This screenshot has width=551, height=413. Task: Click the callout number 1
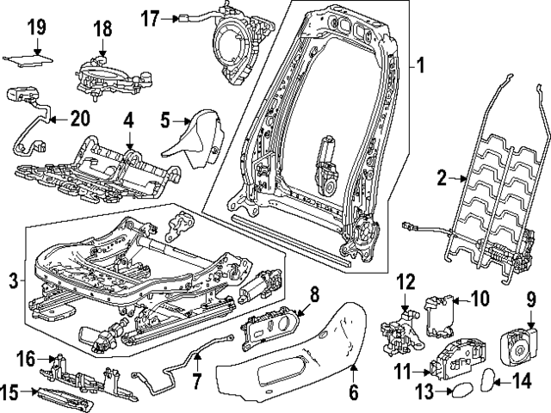coord(421,65)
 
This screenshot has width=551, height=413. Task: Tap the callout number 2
coord(441,178)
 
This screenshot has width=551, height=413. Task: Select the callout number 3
coord(13,280)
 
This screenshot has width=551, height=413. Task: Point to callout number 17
coord(151,17)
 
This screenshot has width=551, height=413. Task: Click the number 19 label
coord(35,27)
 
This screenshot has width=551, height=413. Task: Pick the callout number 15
coord(9,392)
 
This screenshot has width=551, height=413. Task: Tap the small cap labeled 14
coord(488,379)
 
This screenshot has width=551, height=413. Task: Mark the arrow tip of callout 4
coord(128,155)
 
